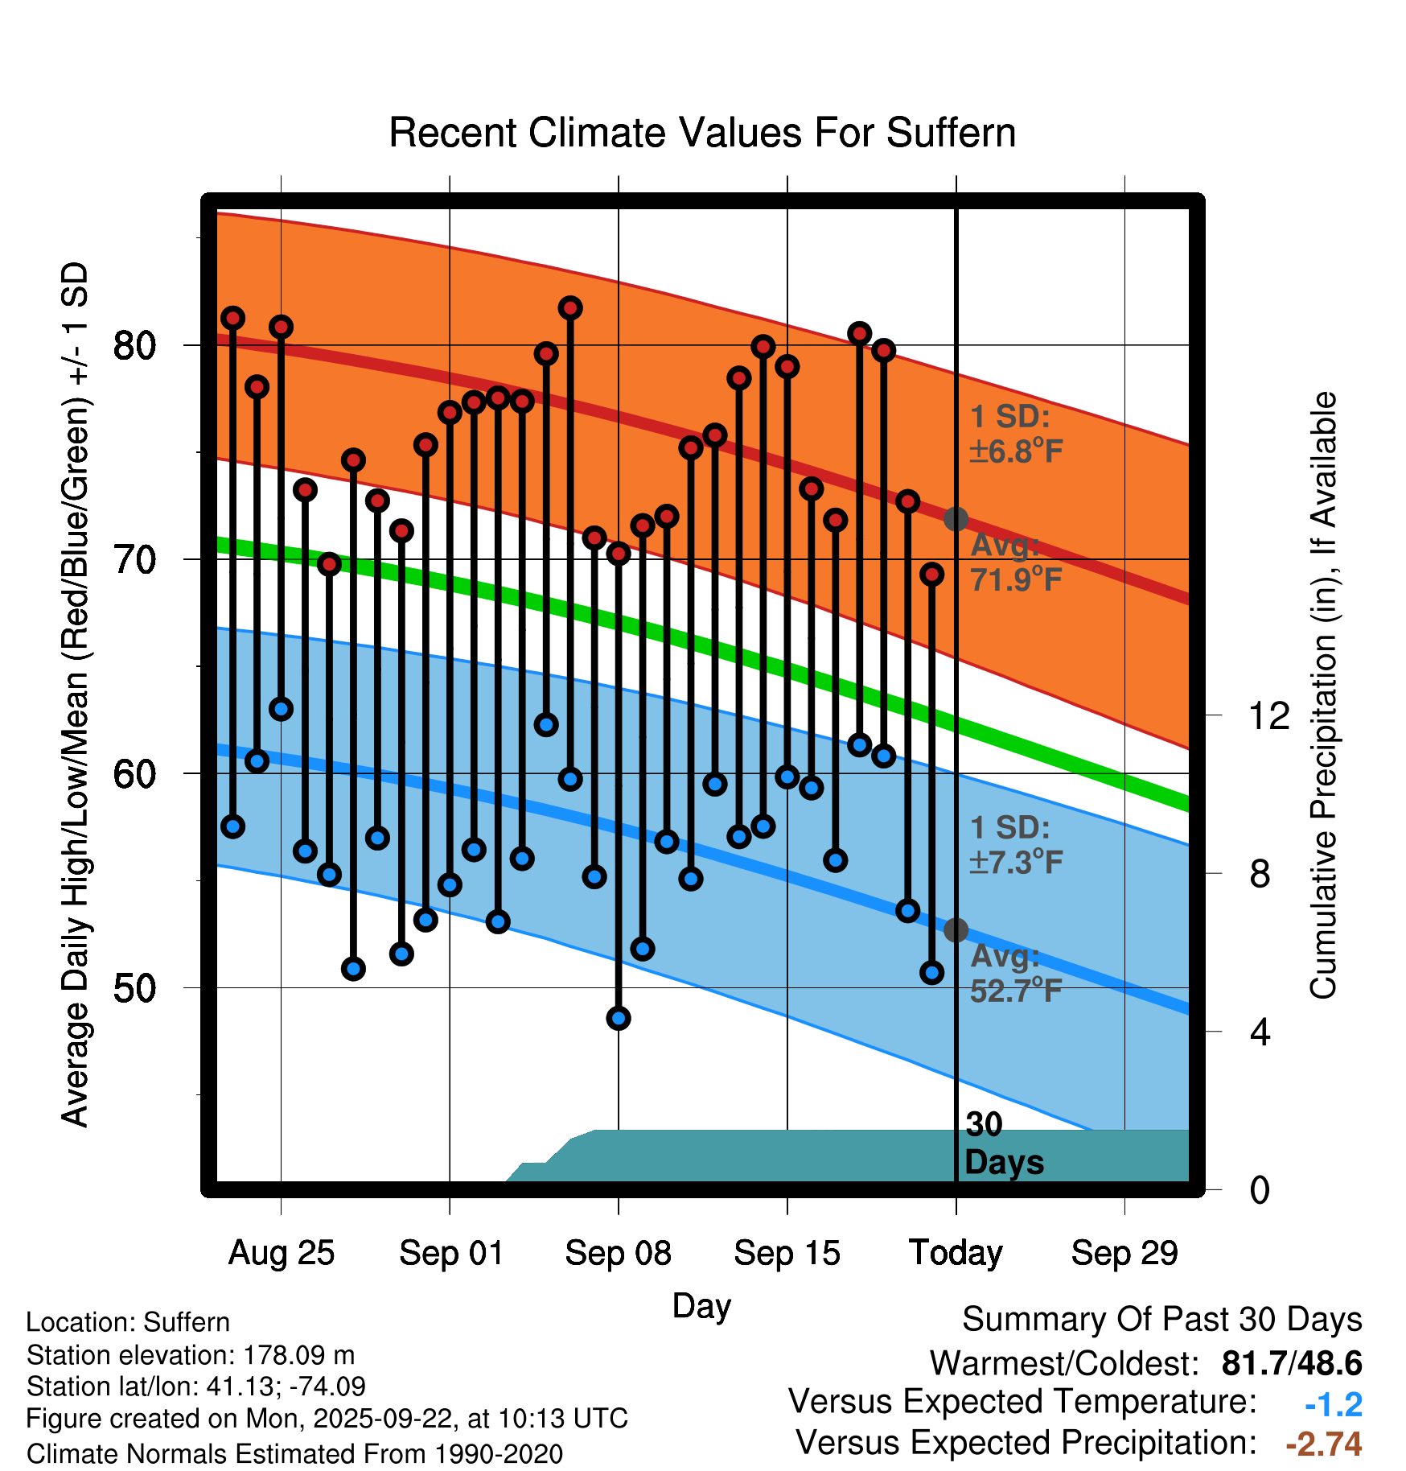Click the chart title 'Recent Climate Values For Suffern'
tap(702, 133)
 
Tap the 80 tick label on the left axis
tap(134, 346)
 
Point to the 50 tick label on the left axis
tap(134, 988)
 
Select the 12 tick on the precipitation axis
tap(1268, 715)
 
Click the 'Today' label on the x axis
tap(956, 1253)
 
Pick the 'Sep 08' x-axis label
tap(618, 1253)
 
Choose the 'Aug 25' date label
tap(281, 1253)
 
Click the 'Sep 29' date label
tap(1124, 1253)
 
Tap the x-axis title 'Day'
tap(701, 1305)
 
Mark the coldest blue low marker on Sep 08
tap(619, 1018)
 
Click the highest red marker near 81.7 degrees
tap(570, 308)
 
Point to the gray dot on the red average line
tap(956, 519)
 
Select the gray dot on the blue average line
tap(956, 930)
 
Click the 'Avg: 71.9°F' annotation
tap(1016, 562)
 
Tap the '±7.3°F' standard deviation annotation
tap(1016, 862)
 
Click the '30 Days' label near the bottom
tap(1003, 1143)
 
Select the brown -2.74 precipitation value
tap(1323, 1444)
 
